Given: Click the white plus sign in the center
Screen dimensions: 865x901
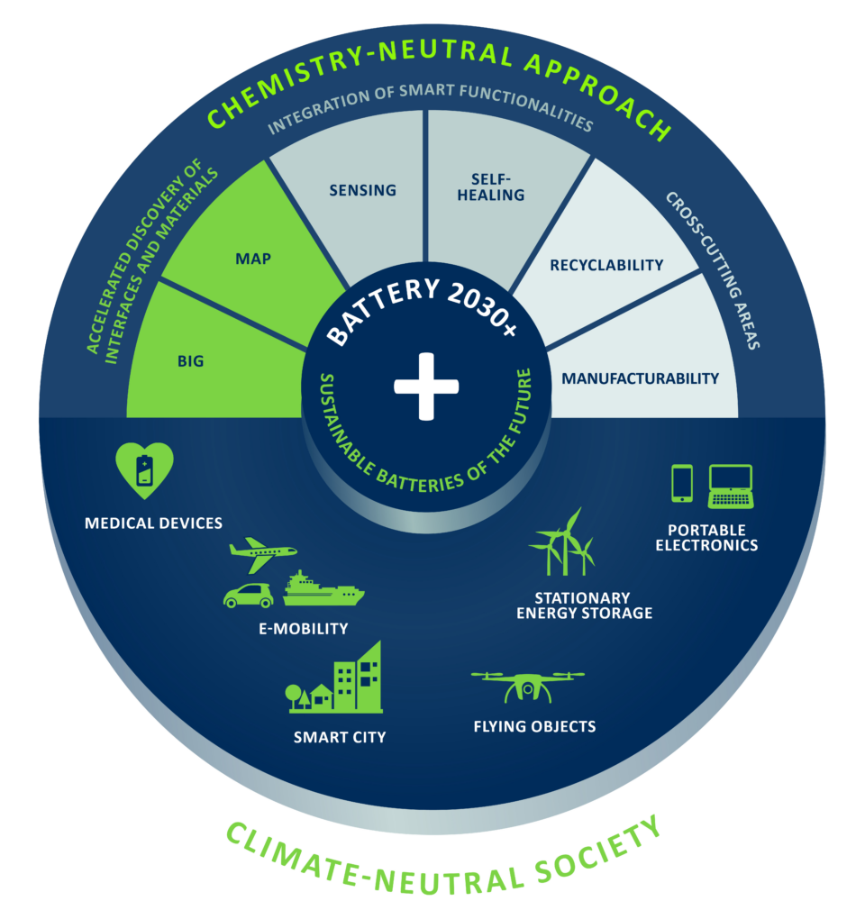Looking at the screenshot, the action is tap(426, 387).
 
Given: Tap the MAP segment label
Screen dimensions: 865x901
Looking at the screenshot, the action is tap(253, 259).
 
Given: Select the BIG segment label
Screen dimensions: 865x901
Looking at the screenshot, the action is tap(190, 361).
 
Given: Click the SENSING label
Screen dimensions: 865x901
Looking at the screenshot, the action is tap(362, 190).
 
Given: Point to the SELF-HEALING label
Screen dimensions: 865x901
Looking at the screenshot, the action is tap(491, 187).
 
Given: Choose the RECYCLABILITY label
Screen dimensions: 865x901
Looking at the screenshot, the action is tap(606, 266).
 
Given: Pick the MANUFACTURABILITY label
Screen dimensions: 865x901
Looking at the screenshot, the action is tap(641, 378).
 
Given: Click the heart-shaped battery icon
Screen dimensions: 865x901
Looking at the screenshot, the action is tap(144, 470).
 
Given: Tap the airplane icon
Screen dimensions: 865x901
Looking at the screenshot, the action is tap(263, 555).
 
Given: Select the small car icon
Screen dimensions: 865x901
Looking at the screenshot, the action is tap(249, 596).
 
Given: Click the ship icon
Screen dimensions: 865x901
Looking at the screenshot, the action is tap(323, 588).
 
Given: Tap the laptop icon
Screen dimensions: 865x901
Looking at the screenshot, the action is tap(731, 487).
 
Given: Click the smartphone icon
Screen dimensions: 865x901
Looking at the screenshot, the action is tap(682, 483).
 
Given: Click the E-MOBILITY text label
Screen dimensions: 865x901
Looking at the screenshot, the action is tap(304, 629).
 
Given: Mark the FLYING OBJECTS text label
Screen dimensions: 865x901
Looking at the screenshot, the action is tap(534, 727).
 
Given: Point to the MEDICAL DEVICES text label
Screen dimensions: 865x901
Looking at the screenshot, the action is tap(153, 523).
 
